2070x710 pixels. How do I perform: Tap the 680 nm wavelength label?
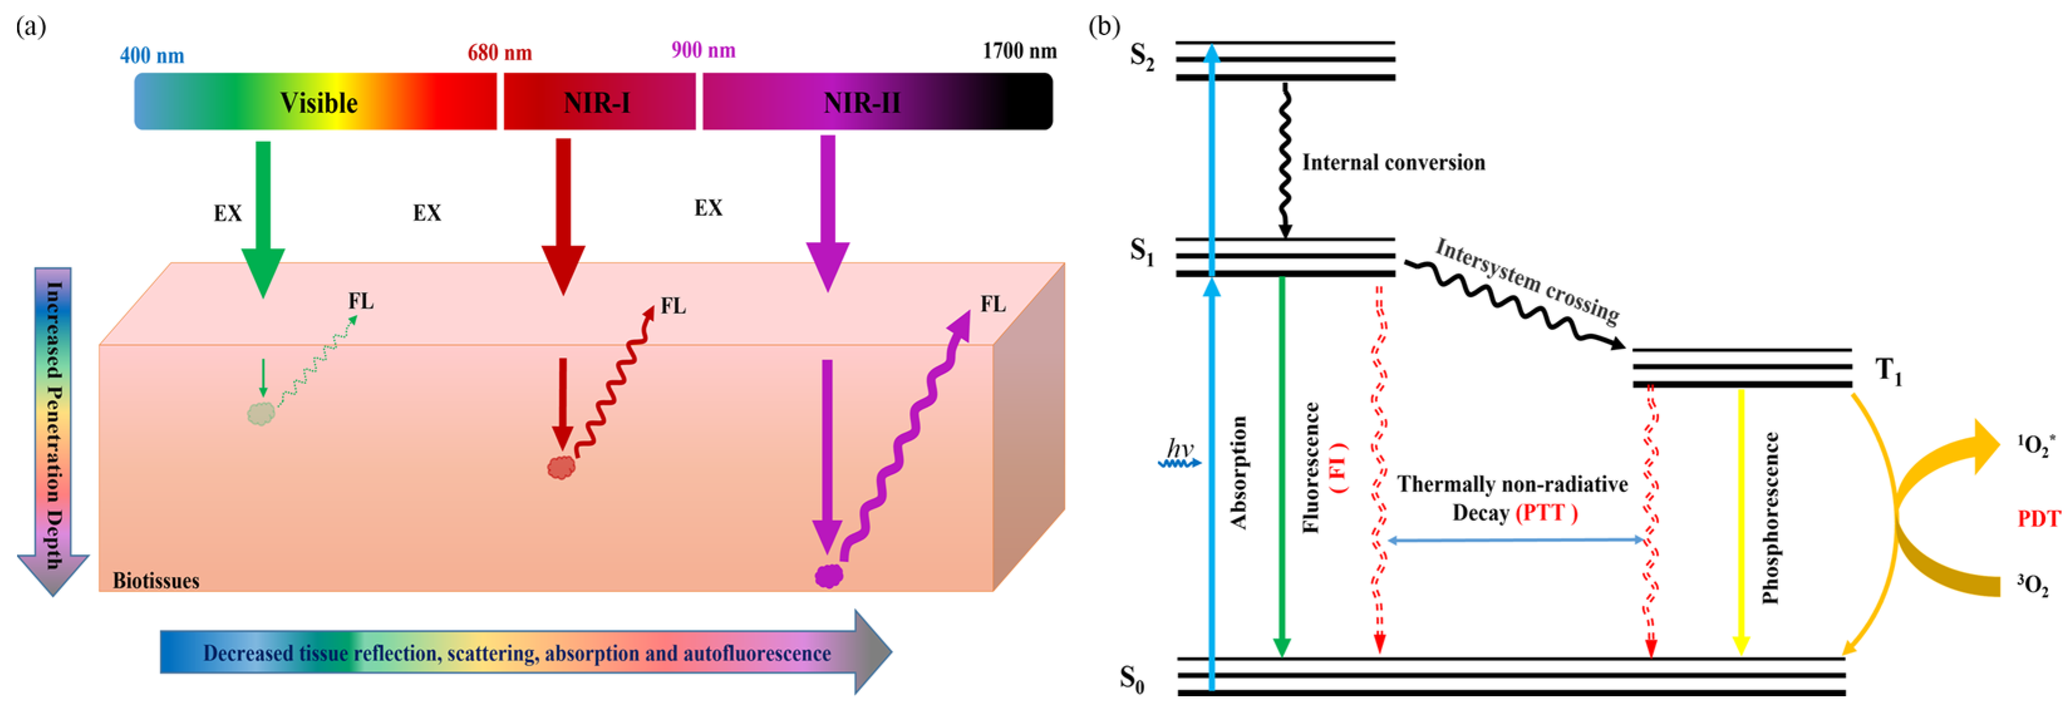click(500, 53)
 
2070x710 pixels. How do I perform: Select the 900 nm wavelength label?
click(703, 51)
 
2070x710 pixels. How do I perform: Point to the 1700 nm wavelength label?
click(1019, 51)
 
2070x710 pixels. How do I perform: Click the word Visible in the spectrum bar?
click(318, 103)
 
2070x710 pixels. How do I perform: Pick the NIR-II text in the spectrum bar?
click(862, 103)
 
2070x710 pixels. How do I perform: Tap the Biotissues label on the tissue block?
click(156, 581)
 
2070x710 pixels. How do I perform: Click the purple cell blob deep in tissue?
click(828, 576)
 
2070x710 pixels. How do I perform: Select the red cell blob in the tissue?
click(561, 467)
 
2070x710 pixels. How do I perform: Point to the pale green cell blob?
click(261, 413)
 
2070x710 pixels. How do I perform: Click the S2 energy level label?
click(1142, 56)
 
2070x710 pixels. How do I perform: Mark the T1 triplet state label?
click(1889, 371)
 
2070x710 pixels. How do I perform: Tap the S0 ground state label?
click(1132, 679)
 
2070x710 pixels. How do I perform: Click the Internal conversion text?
click(1394, 163)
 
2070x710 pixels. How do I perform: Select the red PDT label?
click(2039, 519)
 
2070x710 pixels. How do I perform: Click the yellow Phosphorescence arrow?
click(1741, 522)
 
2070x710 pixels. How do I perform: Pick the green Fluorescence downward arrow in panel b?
click(1282, 466)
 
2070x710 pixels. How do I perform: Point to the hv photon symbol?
click(1180, 452)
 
